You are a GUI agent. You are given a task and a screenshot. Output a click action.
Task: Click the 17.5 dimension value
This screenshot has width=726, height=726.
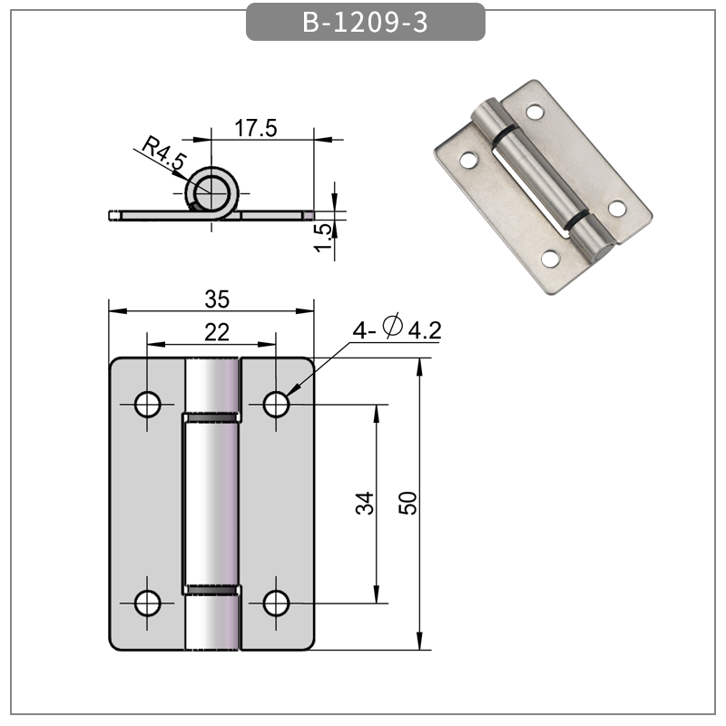[256, 128]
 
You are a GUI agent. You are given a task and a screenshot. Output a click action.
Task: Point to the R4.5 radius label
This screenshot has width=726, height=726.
[164, 155]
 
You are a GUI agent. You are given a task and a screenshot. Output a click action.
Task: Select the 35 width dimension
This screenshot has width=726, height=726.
[216, 298]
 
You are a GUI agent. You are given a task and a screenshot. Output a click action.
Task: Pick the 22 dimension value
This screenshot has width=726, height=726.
[216, 332]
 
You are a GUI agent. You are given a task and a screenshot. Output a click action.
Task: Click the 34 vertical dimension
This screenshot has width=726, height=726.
[364, 504]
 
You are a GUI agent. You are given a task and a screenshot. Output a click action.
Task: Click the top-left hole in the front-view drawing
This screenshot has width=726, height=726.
[148, 404]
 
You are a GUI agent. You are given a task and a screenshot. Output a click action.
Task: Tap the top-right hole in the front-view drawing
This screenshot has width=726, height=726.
[277, 404]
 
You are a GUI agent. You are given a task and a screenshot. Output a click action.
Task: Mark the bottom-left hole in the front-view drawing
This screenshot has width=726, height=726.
[148, 602]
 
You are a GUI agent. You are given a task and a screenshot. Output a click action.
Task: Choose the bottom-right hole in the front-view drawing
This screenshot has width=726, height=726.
[277, 602]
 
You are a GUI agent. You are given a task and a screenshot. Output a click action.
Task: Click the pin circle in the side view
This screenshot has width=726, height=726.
[212, 191]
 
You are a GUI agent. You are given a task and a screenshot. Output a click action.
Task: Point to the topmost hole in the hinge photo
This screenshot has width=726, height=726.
[536, 113]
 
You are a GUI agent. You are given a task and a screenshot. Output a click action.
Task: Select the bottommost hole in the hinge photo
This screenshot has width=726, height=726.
[550, 260]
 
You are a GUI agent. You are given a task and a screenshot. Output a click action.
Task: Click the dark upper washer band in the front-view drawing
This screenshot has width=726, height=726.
[211, 417]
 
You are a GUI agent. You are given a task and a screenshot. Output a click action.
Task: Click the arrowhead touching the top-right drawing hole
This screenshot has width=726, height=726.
[289, 393]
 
